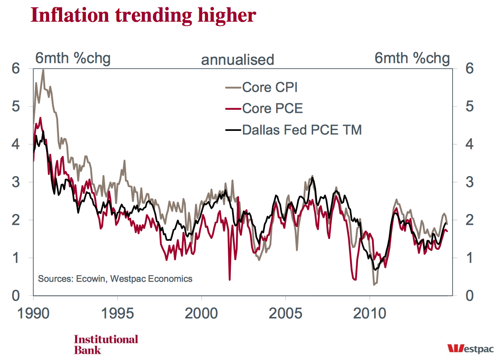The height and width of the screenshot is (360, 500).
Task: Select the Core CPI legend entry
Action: pyautogui.click(x=270, y=87)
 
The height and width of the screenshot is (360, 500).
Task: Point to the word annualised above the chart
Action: pyautogui.click(x=237, y=59)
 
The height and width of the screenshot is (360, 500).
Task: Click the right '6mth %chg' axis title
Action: pyautogui.click(x=412, y=58)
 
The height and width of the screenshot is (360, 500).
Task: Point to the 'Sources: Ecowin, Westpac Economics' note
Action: pyautogui.click(x=115, y=279)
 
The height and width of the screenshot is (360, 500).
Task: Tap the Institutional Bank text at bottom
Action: pyautogui.click(x=106, y=344)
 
